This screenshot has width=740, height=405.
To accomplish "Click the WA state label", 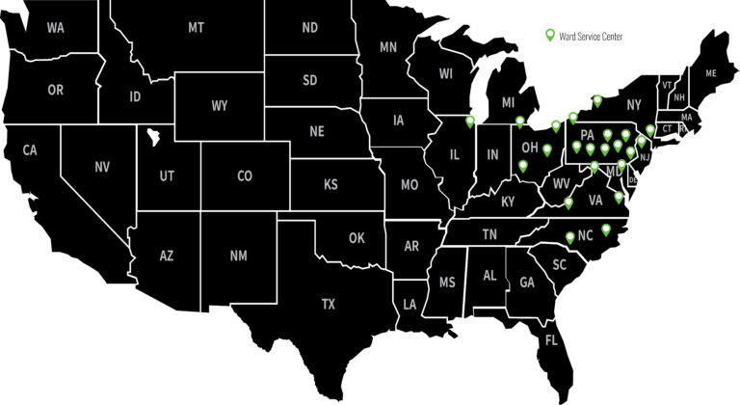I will [x=56, y=28].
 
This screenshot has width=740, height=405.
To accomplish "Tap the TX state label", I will [x=329, y=304].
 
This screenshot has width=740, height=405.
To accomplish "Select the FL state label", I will [x=551, y=340].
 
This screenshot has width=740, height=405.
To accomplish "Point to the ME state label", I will [x=711, y=73].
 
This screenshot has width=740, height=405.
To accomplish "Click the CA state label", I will [x=30, y=150].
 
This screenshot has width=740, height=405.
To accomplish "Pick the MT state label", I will [x=196, y=28].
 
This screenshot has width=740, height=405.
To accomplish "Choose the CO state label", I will [x=244, y=176].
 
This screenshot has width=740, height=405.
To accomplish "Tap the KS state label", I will [x=330, y=184].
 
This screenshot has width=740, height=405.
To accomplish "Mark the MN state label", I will [x=389, y=46].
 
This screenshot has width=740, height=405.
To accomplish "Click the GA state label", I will [x=527, y=283].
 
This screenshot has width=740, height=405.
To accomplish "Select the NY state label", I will [x=633, y=103].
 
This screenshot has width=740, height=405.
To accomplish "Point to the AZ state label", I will [x=167, y=256].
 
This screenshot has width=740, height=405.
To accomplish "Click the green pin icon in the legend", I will [x=550, y=36].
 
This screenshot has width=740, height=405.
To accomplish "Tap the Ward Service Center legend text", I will [x=591, y=37].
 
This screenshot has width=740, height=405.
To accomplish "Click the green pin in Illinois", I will [x=470, y=121].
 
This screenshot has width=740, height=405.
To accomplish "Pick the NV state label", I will [x=102, y=167].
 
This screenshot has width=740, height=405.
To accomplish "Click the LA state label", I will [x=410, y=305].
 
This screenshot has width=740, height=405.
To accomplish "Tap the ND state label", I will [x=309, y=28].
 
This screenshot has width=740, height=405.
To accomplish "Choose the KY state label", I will [x=509, y=202].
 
